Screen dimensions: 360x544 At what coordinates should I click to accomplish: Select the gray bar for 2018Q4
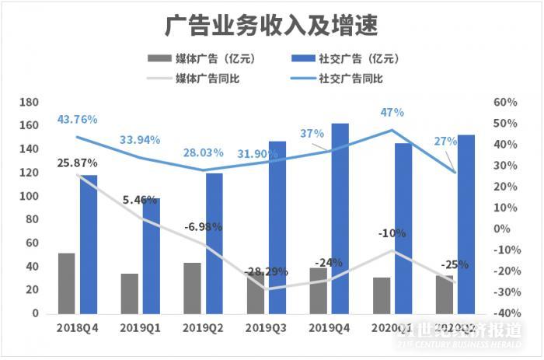[x=67, y=283]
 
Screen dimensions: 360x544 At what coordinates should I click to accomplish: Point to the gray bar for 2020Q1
[x=382, y=295]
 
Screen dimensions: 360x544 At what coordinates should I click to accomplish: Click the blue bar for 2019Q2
[x=214, y=243]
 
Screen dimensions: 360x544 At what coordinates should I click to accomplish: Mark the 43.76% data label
[x=76, y=120]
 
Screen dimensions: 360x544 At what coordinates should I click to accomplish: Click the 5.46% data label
[x=140, y=200]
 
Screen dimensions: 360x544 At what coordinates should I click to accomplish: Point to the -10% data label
[x=392, y=232]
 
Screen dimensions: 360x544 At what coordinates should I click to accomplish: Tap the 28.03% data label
[x=203, y=152]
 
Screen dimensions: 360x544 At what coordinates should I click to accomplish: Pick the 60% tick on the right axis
[x=505, y=103]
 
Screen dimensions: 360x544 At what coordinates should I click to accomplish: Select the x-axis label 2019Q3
[x=266, y=328]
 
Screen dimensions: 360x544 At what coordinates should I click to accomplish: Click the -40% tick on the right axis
[x=505, y=313]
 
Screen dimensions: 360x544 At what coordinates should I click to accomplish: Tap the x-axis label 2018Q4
[x=77, y=328]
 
